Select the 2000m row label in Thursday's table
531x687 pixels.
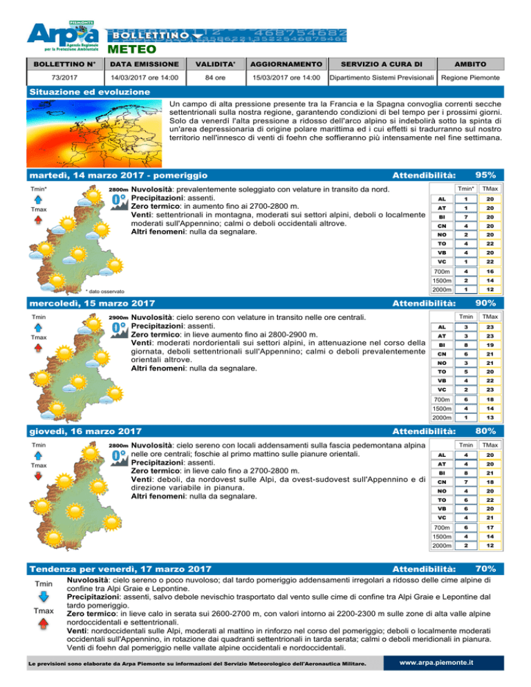point(441,545)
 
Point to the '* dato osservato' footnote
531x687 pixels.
point(100,291)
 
